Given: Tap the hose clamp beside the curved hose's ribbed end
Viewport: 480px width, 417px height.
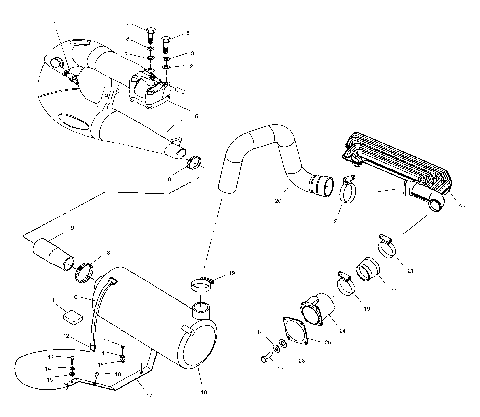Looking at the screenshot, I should tap(348, 185).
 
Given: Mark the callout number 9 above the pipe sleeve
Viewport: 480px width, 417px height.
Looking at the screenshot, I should tap(71, 228).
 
